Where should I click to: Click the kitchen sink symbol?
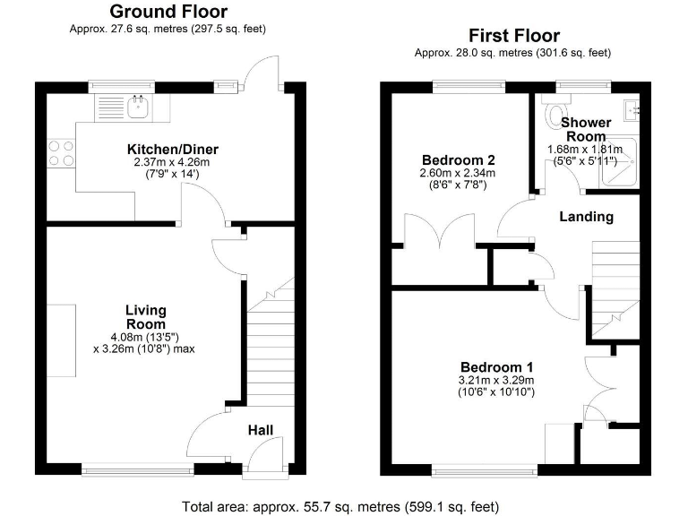[x=137, y=107]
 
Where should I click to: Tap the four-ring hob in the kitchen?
[x=60, y=153]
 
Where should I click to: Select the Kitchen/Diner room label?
[x=173, y=149]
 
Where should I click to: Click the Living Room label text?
[x=145, y=317]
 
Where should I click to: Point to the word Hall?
[x=261, y=431]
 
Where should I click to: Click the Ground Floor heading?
[x=168, y=12]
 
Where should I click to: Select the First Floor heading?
[x=514, y=36]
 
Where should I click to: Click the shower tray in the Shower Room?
[x=618, y=164]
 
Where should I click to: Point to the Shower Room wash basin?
[x=632, y=111]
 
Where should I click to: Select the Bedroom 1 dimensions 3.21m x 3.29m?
[x=496, y=381]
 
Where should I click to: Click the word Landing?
[x=586, y=217]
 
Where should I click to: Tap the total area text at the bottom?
[x=343, y=506]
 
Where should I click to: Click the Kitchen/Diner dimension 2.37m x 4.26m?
[x=173, y=162]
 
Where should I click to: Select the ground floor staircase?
[x=269, y=349]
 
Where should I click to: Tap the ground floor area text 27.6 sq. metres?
[x=168, y=29]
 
